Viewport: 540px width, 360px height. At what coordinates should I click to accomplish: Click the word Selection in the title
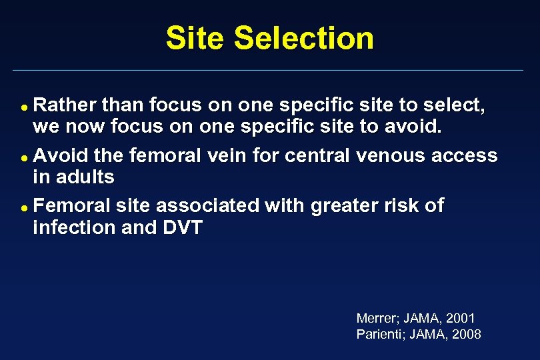[305, 38]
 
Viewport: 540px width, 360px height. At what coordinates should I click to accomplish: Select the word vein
[225, 155]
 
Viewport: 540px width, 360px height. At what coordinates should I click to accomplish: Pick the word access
[465, 155]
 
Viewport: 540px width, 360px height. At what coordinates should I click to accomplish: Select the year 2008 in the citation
[465, 334]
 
